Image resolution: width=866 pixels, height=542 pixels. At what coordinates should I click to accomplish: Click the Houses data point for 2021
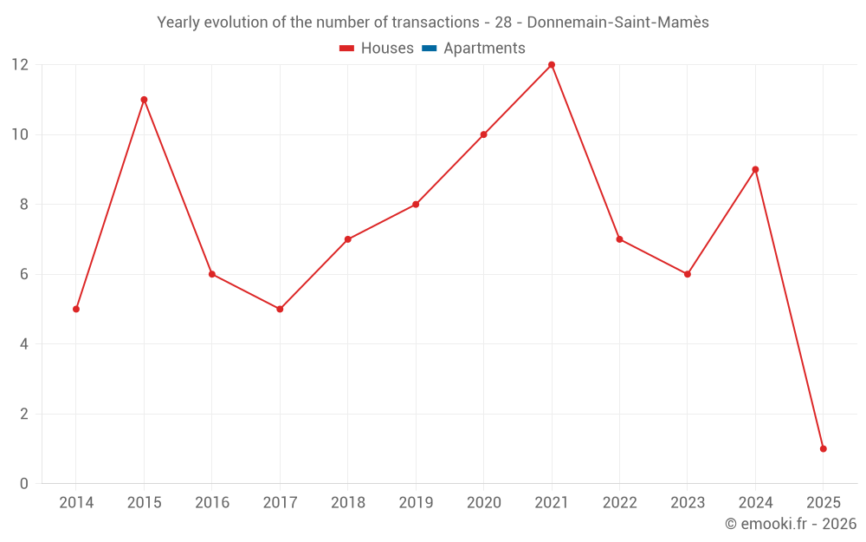pos(552,65)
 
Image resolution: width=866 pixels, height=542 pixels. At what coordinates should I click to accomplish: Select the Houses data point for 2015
pos(144,100)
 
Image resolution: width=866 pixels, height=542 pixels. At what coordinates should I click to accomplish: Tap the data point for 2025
pos(823,448)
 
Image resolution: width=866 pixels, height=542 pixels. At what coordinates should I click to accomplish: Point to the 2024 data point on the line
pos(755,169)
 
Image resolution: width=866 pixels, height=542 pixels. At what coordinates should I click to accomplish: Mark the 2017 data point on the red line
pos(280,309)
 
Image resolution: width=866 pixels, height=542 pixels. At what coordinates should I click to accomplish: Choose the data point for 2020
pos(483,134)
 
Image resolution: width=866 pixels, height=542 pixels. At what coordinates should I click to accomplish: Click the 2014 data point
pos(76,309)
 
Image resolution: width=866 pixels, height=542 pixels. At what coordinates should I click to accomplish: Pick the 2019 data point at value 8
pos(416,205)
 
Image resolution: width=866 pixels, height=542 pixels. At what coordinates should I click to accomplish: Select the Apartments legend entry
pos(484,49)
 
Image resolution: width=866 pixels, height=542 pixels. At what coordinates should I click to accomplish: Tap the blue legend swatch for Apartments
pos(429,49)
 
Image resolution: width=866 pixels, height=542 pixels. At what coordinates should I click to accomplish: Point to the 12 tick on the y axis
pos(20,65)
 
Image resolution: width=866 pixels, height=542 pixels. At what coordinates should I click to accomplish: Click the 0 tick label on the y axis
pos(24,484)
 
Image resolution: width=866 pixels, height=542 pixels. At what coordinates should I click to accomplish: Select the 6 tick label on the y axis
pos(24,274)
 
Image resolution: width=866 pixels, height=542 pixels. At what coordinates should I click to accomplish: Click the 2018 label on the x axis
pos(347,503)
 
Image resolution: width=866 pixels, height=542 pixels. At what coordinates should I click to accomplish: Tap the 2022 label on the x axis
pos(619,503)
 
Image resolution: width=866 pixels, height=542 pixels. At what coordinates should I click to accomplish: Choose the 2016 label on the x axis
pos(212,503)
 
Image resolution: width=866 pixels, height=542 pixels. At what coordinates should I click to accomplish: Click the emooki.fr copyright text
pos(791,524)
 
